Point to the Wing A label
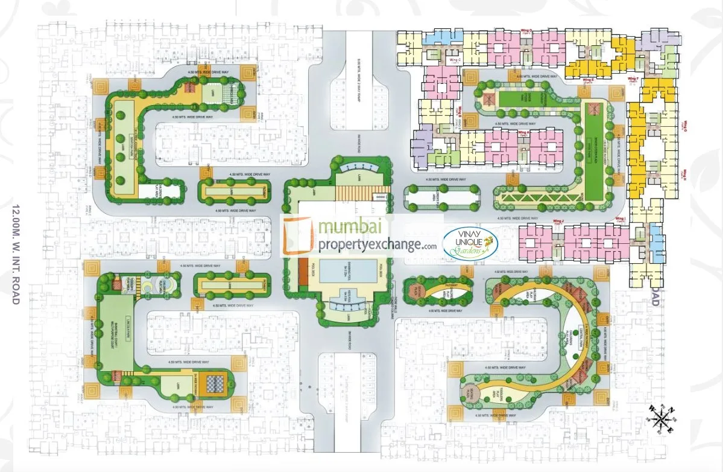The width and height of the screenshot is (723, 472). (523, 132)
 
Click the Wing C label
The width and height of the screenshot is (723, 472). (455, 60)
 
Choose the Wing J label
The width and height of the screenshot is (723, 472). (558, 223)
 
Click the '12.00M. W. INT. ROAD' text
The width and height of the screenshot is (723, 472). (16, 254)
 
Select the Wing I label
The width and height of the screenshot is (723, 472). (619, 218)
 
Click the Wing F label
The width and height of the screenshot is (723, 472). (633, 79)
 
